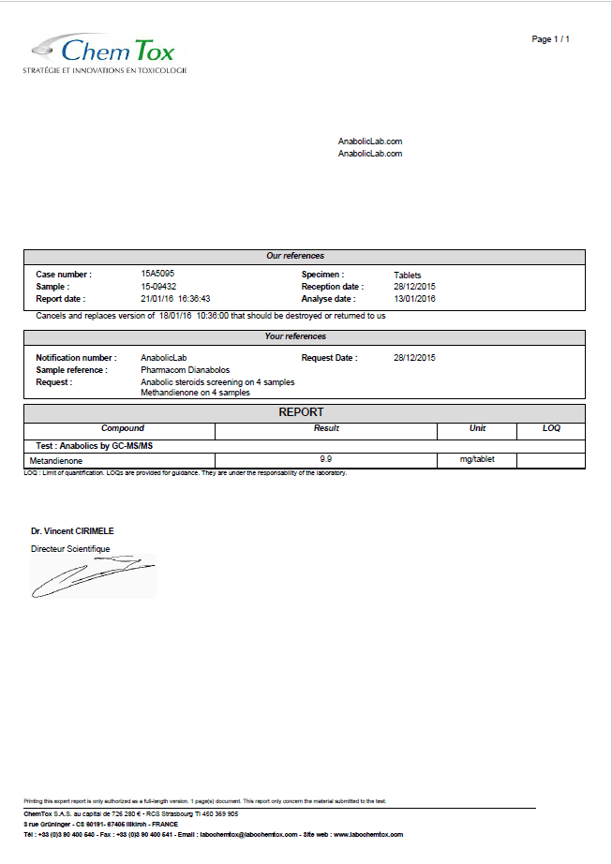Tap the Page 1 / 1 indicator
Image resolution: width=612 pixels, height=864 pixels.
click(550, 39)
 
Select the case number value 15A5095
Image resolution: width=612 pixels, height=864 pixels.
click(157, 274)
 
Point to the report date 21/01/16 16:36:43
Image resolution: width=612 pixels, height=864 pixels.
click(175, 299)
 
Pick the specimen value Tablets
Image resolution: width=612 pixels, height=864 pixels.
click(408, 275)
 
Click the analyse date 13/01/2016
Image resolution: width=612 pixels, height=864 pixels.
click(414, 299)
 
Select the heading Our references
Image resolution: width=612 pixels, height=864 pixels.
click(295, 256)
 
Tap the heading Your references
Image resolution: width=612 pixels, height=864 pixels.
click(295, 336)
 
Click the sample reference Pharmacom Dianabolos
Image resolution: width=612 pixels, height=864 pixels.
click(185, 370)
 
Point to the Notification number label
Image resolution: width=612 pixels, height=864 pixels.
click(76, 358)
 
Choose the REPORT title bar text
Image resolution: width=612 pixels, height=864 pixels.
click(301, 412)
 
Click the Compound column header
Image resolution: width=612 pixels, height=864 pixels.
click(123, 428)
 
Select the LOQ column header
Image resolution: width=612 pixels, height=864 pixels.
click(551, 428)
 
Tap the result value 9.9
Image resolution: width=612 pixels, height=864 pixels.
click(326, 458)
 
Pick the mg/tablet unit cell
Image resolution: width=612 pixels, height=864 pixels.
click(477, 460)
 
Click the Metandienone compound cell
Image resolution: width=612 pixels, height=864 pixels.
click(55, 461)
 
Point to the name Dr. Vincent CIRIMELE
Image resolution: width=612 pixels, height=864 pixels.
click(72, 531)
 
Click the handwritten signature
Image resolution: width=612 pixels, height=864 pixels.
click(92, 575)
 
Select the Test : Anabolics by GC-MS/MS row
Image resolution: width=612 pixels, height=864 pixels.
click(88, 446)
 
